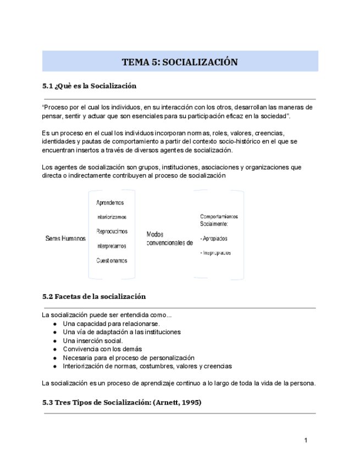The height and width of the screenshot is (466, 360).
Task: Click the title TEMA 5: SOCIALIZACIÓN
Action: click(x=180, y=62)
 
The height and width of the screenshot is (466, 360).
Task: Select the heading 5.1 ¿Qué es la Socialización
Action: click(x=89, y=86)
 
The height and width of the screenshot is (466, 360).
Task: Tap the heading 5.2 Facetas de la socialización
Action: click(x=94, y=296)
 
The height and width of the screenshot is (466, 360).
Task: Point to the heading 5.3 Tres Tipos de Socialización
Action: click(x=121, y=402)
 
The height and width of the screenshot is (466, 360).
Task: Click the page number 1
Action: click(x=306, y=440)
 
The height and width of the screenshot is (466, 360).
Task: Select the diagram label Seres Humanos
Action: click(x=65, y=238)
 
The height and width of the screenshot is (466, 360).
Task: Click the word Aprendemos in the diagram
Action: click(x=110, y=203)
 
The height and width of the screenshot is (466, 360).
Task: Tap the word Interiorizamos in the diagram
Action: click(x=111, y=217)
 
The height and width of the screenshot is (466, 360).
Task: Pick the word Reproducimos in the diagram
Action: click(x=112, y=231)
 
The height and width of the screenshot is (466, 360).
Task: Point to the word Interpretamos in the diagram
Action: click(x=111, y=246)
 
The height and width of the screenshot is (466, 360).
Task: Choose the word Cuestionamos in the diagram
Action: click(x=112, y=260)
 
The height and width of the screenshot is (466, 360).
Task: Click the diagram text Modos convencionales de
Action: click(x=169, y=238)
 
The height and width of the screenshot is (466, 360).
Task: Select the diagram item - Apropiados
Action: click(x=214, y=238)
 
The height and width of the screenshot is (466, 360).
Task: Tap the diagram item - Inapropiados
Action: click(x=215, y=253)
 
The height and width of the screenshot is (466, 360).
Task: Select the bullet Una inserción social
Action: click(x=93, y=341)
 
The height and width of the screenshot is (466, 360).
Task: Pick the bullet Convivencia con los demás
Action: click(x=102, y=349)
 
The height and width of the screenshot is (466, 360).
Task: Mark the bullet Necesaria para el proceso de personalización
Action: click(x=129, y=357)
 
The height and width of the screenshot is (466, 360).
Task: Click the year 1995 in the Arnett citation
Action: click(x=190, y=402)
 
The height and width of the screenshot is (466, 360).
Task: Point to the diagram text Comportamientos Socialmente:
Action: click(x=219, y=220)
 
